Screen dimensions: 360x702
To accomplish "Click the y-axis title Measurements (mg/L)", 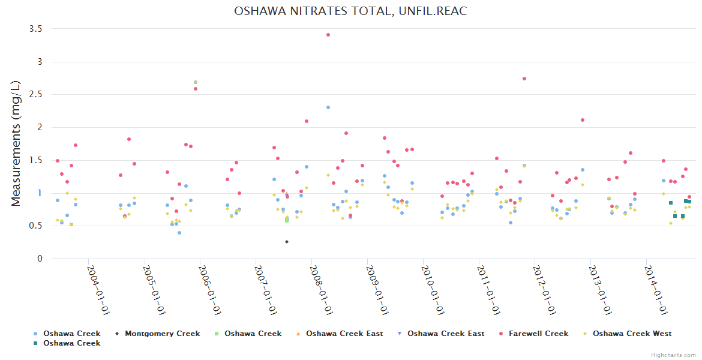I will [x=16, y=144].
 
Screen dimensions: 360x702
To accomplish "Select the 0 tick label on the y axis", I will [x=40, y=259].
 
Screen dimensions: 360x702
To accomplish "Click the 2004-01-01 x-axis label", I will [x=98, y=290].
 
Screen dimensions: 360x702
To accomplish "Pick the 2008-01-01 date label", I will [x=322, y=290].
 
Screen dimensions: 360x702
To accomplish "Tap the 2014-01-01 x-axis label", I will [x=658, y=290].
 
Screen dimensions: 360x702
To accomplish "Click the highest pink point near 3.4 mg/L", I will [x=328, y=35].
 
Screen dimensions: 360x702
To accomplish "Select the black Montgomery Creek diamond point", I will [x=287, y=242].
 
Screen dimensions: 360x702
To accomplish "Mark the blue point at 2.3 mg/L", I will [x=328, y=107].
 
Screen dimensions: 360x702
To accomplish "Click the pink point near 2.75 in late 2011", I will [x=524, y=79].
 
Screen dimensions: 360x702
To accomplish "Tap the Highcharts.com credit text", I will [x=673, y=355].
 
